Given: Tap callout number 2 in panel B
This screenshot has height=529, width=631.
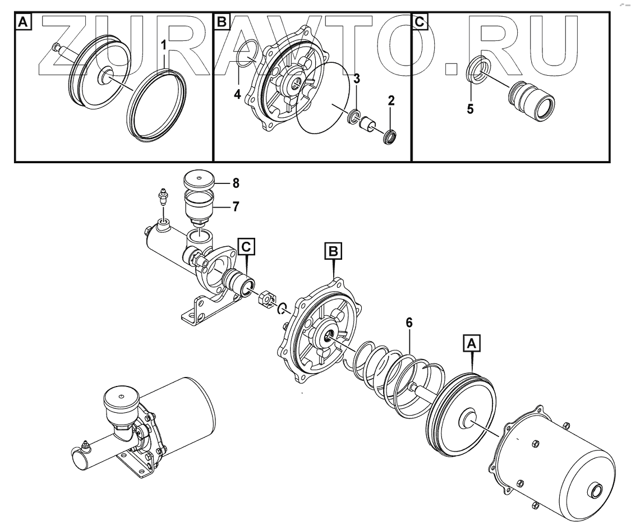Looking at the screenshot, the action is click(x=391, y=102).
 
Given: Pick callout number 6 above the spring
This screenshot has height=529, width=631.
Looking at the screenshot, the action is click(x=409, y=323).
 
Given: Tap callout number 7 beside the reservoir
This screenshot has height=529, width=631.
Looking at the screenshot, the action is click(x=236, y=206).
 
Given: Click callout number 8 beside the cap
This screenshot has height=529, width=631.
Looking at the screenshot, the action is click(x=236, y=182).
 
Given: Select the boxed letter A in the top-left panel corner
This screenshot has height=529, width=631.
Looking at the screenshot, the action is click(x=22, y=22).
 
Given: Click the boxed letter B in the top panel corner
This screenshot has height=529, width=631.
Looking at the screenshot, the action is click(x=222, y=22).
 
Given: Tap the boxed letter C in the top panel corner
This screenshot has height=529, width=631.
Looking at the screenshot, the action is click(x=419, y=22).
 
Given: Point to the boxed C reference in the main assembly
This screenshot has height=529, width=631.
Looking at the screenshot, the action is click(x=246, y=246).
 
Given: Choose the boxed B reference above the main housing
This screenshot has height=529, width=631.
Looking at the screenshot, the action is click(x=334, y=252).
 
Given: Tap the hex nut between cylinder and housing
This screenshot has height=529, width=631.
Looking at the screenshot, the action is click(x=266, y=299).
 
